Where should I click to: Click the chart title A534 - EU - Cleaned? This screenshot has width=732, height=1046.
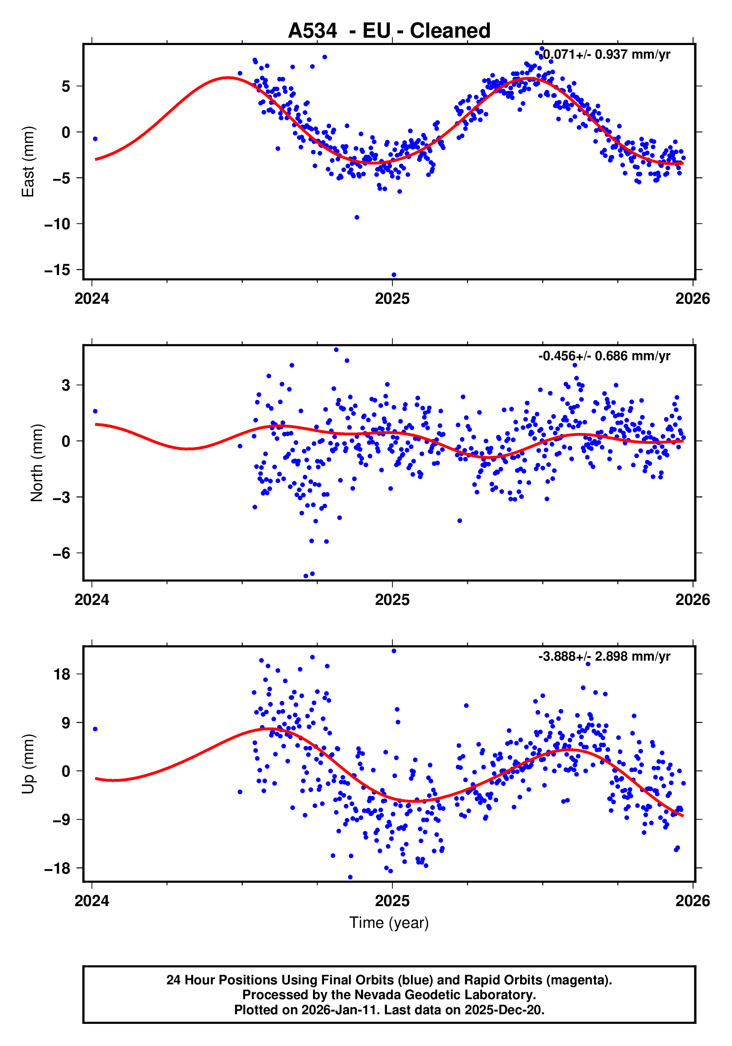389,31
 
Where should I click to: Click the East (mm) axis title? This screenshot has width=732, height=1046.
28,162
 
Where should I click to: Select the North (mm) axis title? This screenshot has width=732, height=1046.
37,463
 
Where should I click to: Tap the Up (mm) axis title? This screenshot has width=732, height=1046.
28,764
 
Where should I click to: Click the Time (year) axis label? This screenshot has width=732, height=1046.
389,922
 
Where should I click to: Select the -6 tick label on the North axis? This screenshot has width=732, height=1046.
62,553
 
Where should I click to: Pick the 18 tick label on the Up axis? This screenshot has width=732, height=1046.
62,674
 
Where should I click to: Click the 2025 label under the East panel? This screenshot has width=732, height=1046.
392,299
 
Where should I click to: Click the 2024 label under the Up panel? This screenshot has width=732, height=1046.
92,901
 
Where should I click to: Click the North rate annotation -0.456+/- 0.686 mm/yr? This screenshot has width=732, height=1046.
604,356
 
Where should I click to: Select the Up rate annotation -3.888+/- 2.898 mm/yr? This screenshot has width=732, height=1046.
604,657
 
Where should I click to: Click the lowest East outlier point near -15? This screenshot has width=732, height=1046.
394,275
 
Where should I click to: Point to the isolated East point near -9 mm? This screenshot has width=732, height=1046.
357,217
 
